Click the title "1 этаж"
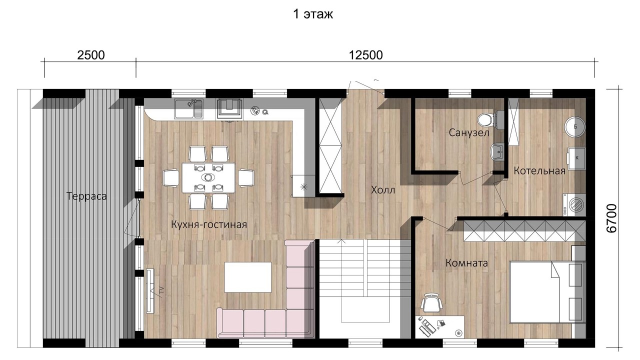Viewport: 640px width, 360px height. coord(313,14)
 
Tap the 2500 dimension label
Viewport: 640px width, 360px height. coord(91,55)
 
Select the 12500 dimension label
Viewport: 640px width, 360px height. coord(365,55)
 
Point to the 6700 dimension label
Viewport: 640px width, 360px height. coord(611,218)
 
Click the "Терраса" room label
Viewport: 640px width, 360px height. coord(86,196)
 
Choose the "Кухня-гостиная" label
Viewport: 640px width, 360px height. coord(209,224)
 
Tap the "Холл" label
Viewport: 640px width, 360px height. coord(383,190)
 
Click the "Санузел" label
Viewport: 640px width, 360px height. coord(469,132)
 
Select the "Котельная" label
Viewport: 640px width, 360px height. coord(539,171)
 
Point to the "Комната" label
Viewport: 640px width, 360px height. coord(466,263)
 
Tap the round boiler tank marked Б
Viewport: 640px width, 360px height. coord(575,127)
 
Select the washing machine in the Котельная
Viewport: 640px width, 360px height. coord(574,205)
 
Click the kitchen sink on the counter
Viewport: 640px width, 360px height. coord(189,109)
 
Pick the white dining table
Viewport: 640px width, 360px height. coord(208,177)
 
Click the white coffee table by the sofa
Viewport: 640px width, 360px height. coord(247,277)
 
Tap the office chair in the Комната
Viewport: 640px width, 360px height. coord(431,302)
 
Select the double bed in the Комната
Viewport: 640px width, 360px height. coord(546,291)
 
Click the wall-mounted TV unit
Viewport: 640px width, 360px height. coord(150,291)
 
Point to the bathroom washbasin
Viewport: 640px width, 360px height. coord(497,151)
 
